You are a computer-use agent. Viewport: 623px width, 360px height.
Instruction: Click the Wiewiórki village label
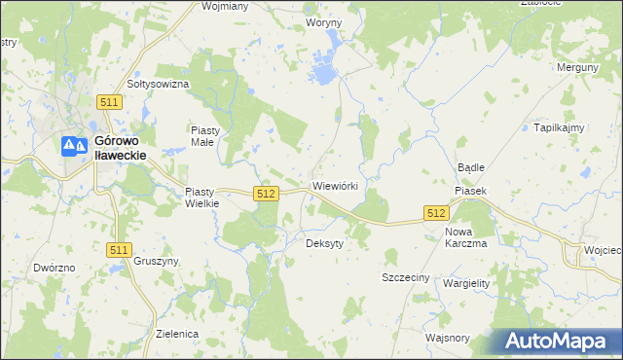pos(335,185)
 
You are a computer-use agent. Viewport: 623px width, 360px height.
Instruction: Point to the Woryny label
pos(324,21)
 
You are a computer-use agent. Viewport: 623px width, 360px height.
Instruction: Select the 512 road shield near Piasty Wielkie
pos(266,194)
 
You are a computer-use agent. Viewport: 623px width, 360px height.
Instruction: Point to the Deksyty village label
pos(325,243)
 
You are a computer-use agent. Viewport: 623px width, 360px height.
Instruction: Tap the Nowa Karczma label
pos(465,237)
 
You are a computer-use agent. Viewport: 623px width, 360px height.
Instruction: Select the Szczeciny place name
pos(405,277)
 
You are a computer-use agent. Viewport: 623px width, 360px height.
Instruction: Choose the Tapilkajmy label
pos(558,127)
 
